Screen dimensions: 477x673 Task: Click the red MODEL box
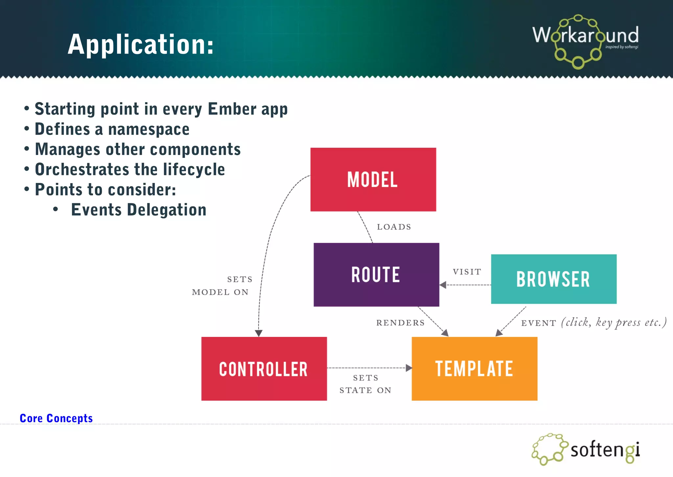[x=373, y=180]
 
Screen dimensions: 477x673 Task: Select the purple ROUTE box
[x=376, y=275]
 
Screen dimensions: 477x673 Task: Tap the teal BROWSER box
[x=553, y=279]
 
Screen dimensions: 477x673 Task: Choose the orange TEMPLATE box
[x=474, y=368]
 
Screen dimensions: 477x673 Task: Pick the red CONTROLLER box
[x=264, y=369]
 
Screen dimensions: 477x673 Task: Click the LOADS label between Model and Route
[x=394, y=227]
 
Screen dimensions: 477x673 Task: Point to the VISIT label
[x=467, y=272]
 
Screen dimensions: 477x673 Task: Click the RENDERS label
[x=400, y=323]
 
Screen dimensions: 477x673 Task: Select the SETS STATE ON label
[x=365, y=384]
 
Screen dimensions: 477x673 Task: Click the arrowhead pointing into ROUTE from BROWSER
[x=443, y=285]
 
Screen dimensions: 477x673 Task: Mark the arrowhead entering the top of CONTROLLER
[x=259, y=333]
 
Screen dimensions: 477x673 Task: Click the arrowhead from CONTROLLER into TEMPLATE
[x=409, y=368]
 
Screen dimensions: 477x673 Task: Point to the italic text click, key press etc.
[x=614, y=322]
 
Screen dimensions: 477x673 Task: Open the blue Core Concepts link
[x=56, y=418]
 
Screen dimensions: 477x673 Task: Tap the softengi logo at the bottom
[x=586, y=449]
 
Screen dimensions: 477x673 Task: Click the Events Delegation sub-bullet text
[x=139, y=210]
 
